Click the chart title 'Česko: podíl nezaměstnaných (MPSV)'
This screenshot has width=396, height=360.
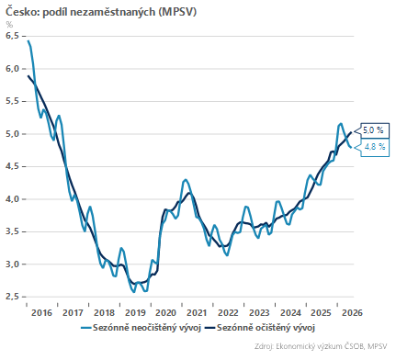[101, 11]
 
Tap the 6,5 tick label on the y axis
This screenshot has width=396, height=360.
[12, 36]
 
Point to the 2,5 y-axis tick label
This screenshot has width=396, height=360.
[12, 297]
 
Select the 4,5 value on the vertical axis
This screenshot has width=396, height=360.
[12, 166]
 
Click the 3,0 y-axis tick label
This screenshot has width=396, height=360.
[12, 264]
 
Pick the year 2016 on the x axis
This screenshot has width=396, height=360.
[42, 313]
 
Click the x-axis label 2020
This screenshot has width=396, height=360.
[166, 313]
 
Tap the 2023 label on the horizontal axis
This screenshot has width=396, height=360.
[259, 313]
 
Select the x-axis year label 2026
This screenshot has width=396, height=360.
[352, 313]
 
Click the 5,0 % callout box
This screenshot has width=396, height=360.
[373, 130]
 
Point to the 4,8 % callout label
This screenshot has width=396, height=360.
[375, 147]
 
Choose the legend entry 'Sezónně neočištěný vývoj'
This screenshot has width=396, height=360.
[141, 328]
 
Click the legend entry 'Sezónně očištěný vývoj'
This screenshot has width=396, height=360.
[260, 328]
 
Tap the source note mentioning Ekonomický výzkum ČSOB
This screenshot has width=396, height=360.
[321, 346]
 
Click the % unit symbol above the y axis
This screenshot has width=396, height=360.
[9, 25]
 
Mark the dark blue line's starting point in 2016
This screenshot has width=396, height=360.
[28, 75]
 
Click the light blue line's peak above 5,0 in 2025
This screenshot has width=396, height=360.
[341, 124]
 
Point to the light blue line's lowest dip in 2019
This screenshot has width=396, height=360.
[133, 292]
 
